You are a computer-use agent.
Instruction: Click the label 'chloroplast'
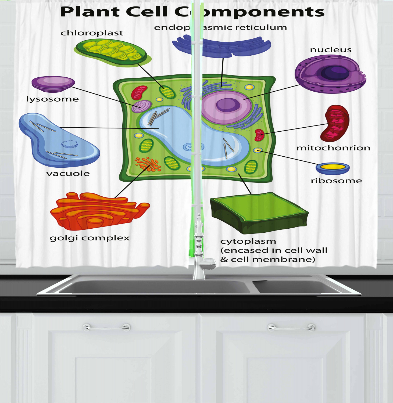92,33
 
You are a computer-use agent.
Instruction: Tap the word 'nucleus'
331,50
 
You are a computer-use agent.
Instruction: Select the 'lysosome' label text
52,99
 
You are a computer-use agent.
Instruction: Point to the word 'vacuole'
68,174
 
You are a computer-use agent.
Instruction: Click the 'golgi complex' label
90,238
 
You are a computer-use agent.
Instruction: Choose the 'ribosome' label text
336,181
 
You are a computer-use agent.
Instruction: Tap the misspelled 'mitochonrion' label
333,148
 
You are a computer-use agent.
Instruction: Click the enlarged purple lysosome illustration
53,83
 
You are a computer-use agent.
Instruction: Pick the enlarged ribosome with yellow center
333,168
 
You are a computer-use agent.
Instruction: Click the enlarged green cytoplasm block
259,212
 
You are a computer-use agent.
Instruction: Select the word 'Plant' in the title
90,12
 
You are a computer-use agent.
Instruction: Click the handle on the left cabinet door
106,328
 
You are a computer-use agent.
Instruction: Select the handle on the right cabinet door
291,328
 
